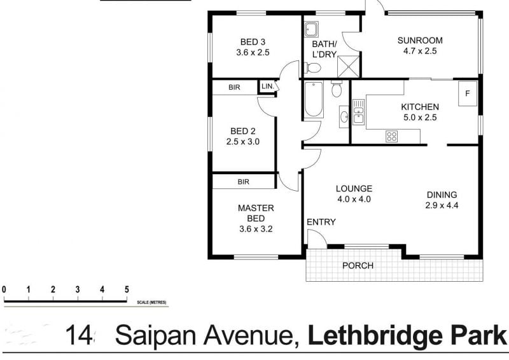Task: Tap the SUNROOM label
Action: [x=420, y=41]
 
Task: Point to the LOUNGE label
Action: [x=354, y=188]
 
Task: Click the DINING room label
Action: [x=442, y=195]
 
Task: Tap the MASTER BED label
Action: [x=256, y=213]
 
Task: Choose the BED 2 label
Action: [x=243, y=132]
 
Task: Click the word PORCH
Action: [x=358, y=266]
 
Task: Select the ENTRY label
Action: [x=321, y=222]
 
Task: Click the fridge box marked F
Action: [x=468, y=94]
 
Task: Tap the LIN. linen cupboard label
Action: [x=267, y=86]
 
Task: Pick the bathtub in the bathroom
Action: [x=313, y=99]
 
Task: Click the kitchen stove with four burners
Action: [x=392, y=135]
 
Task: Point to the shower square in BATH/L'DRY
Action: [x=349, y=65]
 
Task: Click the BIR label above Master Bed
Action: [x=243, y=182]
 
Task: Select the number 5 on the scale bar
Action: [x=127, y=290]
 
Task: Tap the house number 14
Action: [x=80, y=335]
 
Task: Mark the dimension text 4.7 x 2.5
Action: [x=420, y=52]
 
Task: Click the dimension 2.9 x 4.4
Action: [x=442, y=205]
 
